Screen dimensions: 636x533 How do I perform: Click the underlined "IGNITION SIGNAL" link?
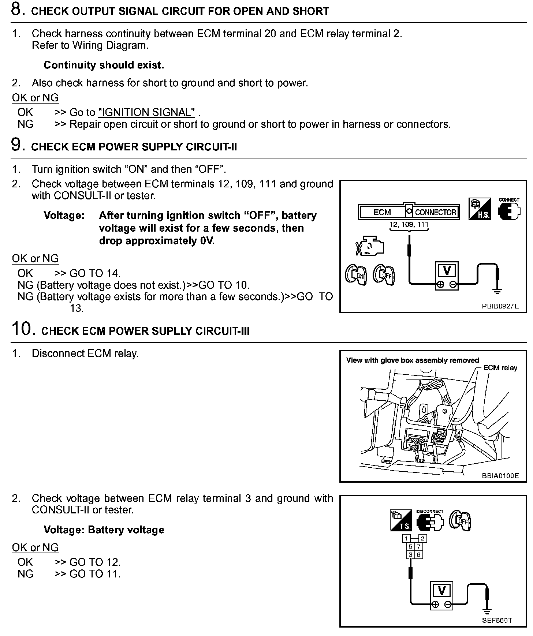pos(146,112)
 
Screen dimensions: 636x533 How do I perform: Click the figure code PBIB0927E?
pos(500,306)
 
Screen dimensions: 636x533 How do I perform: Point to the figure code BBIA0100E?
pos(500,476)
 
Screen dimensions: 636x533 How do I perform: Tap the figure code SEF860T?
pos(497,620)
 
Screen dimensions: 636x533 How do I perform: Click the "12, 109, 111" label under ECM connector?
pos(409,224)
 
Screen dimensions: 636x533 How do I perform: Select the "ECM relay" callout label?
pos(500,368)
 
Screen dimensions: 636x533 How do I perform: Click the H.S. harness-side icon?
pos(479,209)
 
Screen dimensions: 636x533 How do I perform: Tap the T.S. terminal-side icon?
pos(401,520)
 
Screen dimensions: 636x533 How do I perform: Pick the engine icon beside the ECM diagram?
pos(370,248)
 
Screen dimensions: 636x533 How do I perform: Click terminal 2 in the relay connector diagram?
pos(422,538)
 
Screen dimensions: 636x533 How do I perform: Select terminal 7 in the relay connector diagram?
pos(419,547)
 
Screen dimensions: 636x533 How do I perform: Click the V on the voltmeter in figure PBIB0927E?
pos(447,271)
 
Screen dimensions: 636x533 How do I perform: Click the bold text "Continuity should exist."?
pos(104,65)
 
